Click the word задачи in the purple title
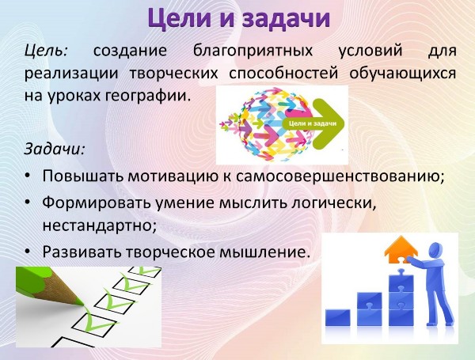[286, 19]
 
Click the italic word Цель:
[46, 51]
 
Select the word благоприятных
[253, 51]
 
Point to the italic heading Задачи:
[54, 149]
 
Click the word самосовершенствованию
[340, 176]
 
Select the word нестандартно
[99, 225]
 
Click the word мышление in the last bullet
[263, 252]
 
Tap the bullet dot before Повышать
[28, 176]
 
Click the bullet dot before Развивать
[28, 252]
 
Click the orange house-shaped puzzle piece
[401, 249]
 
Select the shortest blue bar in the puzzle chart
[338, 317]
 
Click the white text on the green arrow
[313, 123]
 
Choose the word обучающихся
[403, 74]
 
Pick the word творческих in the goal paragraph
[173, 74]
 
